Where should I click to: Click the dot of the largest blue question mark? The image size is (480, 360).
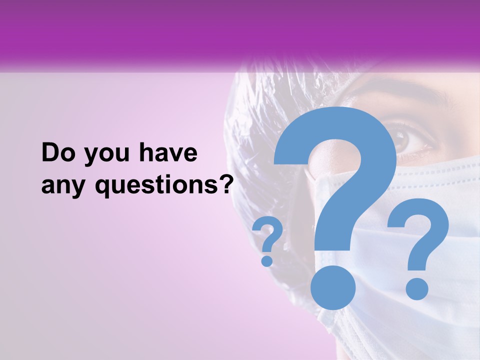(333, 287)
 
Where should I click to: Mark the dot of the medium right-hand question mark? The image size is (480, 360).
(416, 288)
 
